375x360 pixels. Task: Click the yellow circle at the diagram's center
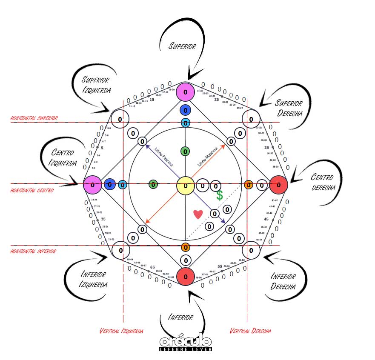coord(185,186)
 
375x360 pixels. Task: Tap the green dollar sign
coord(219,196)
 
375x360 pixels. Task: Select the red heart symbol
coord(198,214)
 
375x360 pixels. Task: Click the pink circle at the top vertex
coord(185,91)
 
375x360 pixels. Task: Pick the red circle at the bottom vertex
coord(185,276)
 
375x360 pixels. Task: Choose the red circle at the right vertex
coord(279,185)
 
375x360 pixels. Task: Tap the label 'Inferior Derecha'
coord(283,281)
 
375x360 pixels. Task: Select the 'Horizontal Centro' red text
coord(32,191)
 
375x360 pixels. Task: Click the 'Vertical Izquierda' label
coord(121,331)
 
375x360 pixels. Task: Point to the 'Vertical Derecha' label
coord(250,331)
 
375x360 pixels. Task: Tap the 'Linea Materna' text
coord(208,157)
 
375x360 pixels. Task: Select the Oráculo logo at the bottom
coord(186,343)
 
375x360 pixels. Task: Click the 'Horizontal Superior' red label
coord(34,118)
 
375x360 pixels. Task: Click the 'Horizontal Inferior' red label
coord(33,251)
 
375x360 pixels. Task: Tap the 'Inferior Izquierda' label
coord(92,279)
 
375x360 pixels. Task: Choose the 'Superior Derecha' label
coord(289,108)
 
